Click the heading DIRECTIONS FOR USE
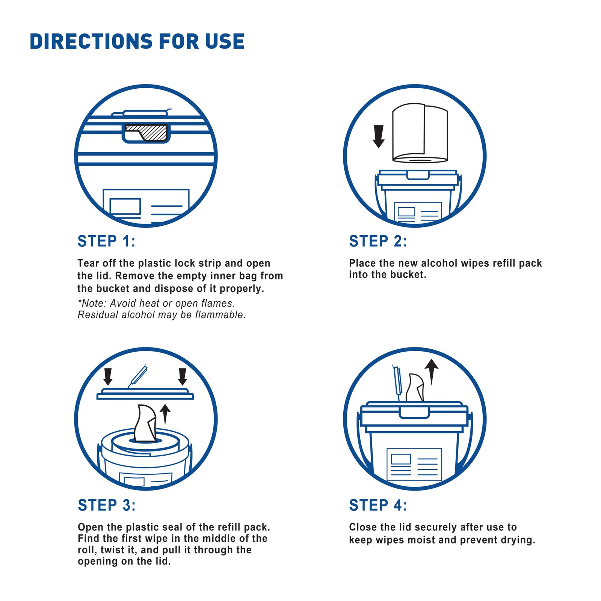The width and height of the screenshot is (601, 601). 137,41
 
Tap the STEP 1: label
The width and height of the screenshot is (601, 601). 106,241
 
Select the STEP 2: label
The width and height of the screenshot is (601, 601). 378,241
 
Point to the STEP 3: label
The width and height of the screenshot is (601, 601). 107,505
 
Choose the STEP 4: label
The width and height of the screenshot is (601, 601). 378,505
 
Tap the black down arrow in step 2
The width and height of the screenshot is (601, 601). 379,136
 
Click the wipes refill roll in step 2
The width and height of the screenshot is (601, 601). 420,133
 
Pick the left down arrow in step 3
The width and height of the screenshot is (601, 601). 108,377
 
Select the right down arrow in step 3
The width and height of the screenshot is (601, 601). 183,377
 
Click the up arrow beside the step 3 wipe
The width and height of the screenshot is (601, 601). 165,415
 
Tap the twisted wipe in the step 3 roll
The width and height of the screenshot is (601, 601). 145,423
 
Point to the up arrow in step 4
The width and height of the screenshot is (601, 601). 432,372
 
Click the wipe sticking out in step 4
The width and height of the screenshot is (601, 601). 415,388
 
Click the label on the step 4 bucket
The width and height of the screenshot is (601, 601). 414,464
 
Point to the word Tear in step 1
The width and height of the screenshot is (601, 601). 89,263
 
